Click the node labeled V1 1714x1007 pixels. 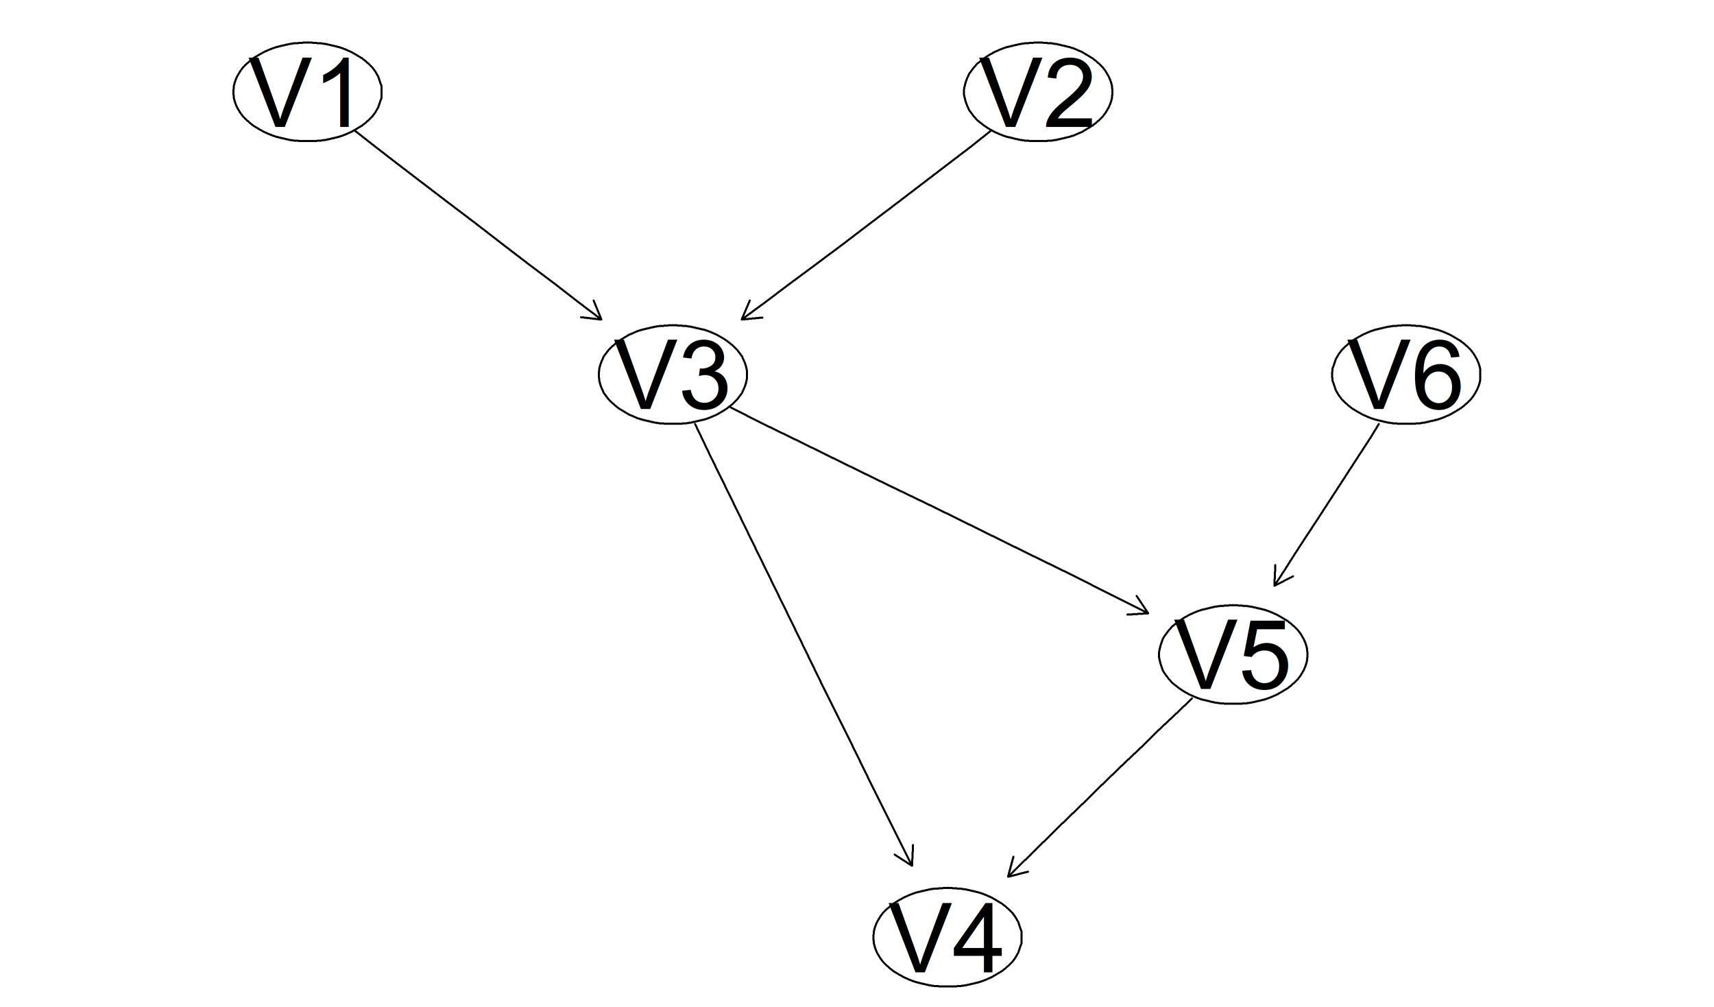point(307,92)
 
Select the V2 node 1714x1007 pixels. point(1038,92)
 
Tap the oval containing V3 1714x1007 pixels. point(673,375)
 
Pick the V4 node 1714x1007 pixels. point(947,937)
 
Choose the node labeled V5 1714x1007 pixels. point(1233,654)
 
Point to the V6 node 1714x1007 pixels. point(1405,375)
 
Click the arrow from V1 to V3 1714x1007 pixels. point(478,225)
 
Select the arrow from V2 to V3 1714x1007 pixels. point(866,225)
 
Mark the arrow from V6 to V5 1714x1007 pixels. point(1326,506)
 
